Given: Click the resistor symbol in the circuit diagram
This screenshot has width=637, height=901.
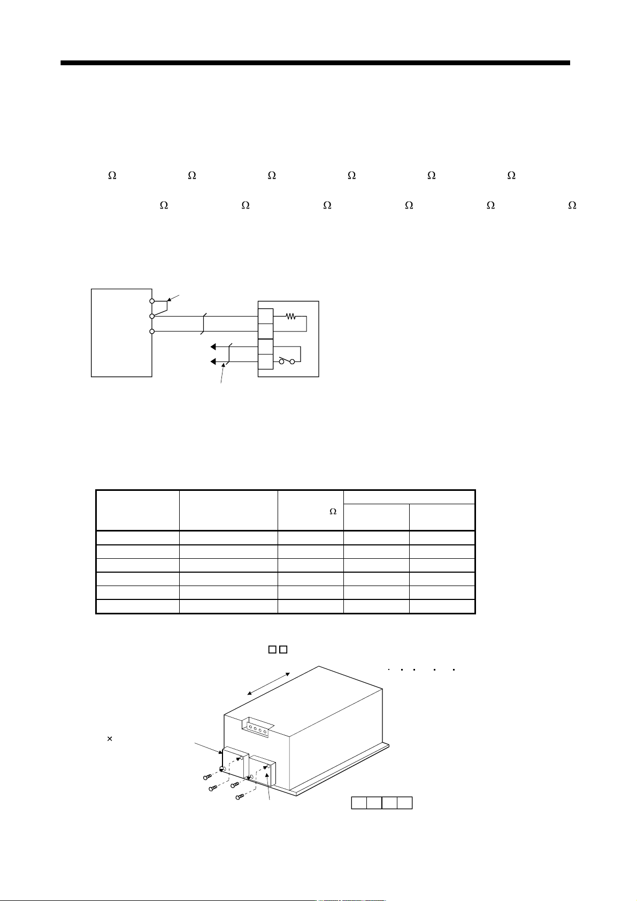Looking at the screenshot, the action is pos(290,317).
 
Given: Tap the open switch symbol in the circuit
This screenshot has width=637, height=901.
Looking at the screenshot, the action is pos(287,361).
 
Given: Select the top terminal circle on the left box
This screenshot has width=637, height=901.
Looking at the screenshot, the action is pos(152,301).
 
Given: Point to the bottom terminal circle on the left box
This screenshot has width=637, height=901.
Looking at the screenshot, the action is pos(152,332).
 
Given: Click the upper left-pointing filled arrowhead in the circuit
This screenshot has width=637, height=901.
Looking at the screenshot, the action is pos(213,346).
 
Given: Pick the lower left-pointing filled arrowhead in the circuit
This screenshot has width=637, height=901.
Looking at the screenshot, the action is pos(213,362).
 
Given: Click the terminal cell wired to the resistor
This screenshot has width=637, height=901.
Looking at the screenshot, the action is pos(266,316).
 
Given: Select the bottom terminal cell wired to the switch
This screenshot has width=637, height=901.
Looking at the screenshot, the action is pos(266,362).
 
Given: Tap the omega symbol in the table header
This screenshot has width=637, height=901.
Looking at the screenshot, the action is pos(333,511).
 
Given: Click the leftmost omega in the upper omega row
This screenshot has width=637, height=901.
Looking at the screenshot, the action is pos(112,175).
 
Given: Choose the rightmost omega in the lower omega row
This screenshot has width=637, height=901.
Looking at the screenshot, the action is pos(572,205).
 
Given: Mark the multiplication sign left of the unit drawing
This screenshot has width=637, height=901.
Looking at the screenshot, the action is pos(110,738).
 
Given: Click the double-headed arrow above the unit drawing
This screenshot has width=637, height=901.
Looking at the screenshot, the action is pos(268,683).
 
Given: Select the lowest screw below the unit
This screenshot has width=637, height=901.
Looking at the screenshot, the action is pos(240,796).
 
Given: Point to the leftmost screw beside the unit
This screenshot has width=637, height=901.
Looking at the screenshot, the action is pos(208,777).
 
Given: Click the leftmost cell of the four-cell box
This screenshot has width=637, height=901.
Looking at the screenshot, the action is pos(359,803).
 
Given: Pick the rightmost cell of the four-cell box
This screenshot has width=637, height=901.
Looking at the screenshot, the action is pos(404,803).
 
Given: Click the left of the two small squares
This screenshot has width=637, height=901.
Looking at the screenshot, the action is pos(272,650).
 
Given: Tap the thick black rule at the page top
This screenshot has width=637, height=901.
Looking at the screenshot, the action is pos(315,63).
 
